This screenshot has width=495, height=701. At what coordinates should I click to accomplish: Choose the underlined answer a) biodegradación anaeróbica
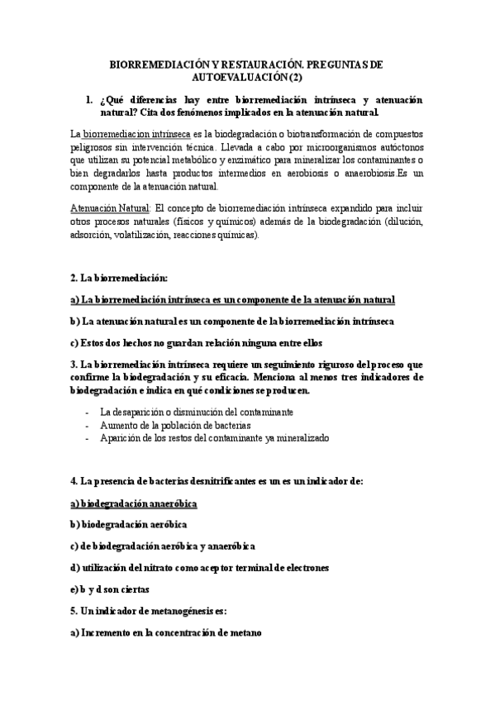[139, 503]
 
